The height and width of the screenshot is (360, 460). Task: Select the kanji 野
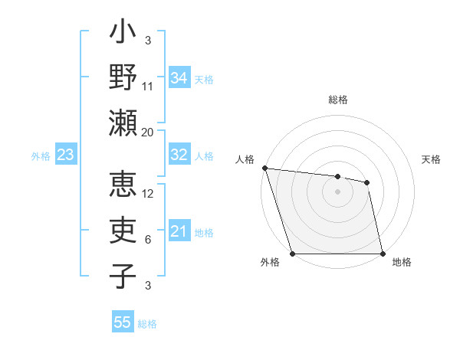coord(123,80)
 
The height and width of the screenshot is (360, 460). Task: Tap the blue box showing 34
coord(179,77)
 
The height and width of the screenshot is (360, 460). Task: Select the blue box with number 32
coord(179,155)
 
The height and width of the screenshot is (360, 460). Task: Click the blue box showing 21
coord(179,231)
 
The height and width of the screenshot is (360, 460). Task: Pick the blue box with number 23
coord(66,155)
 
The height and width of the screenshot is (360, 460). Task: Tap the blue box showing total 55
coord(123,322)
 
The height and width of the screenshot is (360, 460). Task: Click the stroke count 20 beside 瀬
coord(147,132)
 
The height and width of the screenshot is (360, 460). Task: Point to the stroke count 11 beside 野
coord(147,86)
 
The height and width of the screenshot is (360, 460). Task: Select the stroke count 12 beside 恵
coord(148,194)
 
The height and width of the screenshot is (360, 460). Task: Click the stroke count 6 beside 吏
coord(148,240)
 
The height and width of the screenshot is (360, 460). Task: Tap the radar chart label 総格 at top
coord(337,100)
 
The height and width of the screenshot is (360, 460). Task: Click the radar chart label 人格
coord(246,159)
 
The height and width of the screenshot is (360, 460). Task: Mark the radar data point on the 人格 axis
coord(264,168)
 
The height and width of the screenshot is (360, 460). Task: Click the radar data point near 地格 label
coord(383,253)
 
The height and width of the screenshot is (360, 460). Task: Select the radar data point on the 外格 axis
coord(293,253)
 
